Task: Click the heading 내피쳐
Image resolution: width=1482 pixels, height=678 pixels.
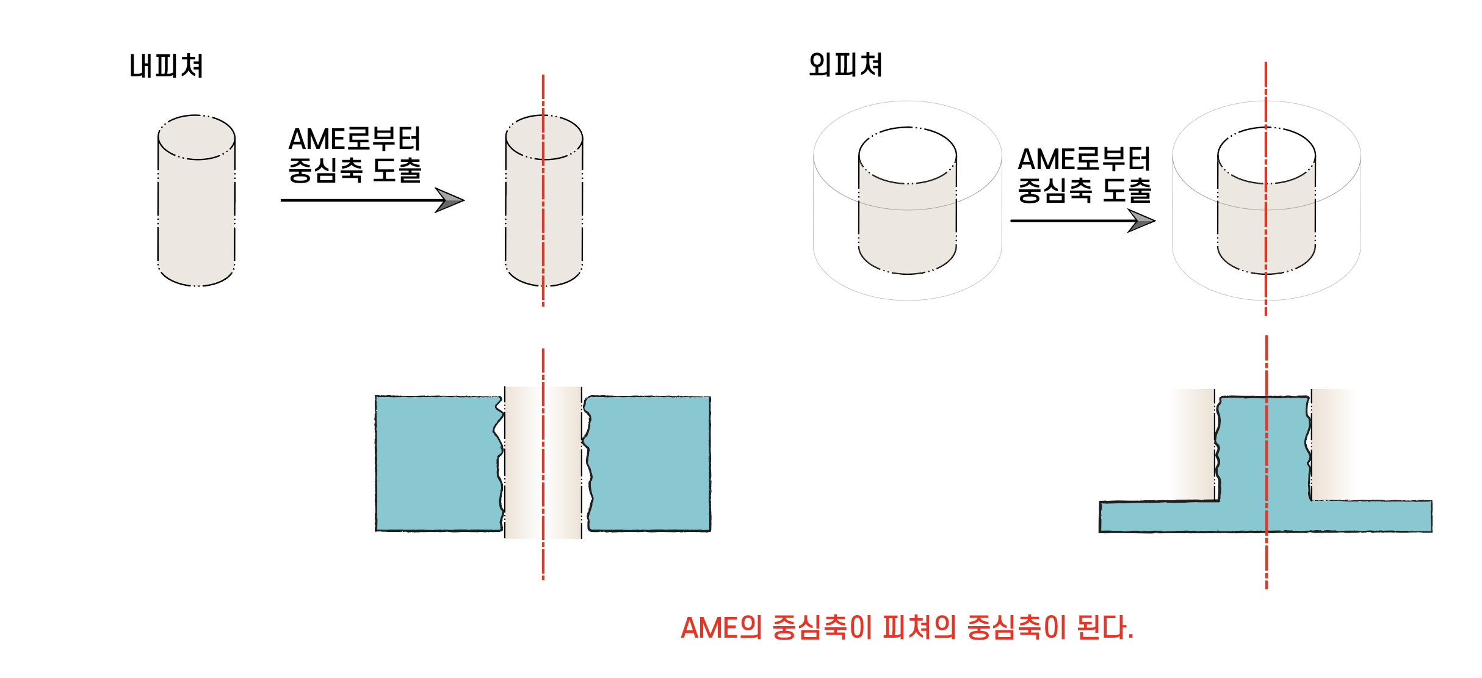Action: (x=166, y=66)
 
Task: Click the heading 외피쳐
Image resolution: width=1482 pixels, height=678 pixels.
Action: (x=845, y=65)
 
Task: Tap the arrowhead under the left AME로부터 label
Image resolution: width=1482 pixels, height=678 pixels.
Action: (x=449, y=200)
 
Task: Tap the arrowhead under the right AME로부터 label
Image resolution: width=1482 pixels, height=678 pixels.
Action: (x=1140, y=221)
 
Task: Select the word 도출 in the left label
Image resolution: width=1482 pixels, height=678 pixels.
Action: (x=397, y=170)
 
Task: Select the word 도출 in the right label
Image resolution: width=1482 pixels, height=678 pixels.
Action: (x=1127, y=191)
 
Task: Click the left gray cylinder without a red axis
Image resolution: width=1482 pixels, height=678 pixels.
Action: (x=197, y=214)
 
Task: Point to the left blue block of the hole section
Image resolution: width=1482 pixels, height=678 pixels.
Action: (x=436, y=463)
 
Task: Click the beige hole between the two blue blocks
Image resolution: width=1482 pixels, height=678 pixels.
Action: (x=543, y=463)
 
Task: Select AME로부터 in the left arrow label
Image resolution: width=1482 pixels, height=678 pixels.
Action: (x=355, y=139)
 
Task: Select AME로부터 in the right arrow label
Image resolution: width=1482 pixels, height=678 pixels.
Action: (x=1084, y=159)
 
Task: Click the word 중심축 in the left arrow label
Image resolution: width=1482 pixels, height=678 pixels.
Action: (x=325, y=170)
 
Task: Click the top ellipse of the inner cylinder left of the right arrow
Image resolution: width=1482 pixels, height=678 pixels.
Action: (x=908, y=155)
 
